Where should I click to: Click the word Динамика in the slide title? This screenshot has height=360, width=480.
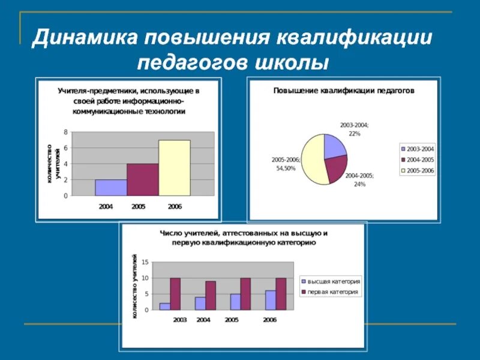tap(83, 38)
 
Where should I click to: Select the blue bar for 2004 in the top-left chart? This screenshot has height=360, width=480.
tap(110, 188)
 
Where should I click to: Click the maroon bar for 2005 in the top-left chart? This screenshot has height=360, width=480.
tap(142, 180)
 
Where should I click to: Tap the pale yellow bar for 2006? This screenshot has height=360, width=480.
tap(174, 168)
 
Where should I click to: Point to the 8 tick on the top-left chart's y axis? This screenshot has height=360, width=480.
tap(65, 131)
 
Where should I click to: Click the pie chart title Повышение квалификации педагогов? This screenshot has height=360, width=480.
tap(344, 91)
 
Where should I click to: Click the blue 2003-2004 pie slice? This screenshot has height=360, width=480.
tap(334, 146)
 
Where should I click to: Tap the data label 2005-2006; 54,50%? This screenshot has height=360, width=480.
tap(284, 164)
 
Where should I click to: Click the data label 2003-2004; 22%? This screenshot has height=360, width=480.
tap(354, 129)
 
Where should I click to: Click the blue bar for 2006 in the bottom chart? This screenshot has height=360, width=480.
tap(267, 300)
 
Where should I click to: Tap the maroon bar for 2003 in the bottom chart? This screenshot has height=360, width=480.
tap(175, 294)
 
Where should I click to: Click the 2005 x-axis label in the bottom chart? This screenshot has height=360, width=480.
tap(232, 320)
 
